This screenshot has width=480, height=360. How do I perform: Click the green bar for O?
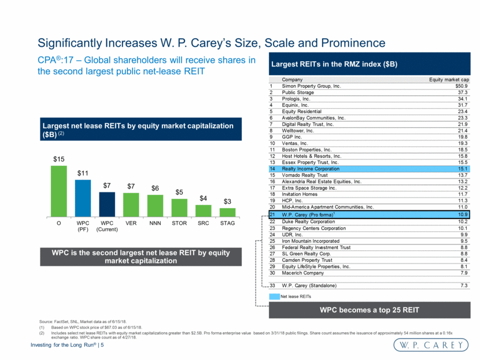[x=58, y=191]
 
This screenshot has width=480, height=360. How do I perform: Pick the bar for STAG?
[x=227, y=213]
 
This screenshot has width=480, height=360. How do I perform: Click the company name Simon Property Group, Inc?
[x=311, y=86]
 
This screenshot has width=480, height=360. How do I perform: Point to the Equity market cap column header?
[x=448, y=79]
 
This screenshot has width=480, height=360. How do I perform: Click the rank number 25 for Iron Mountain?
[x=272, y=241]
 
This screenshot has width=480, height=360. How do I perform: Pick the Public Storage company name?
[x=300, y=92]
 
